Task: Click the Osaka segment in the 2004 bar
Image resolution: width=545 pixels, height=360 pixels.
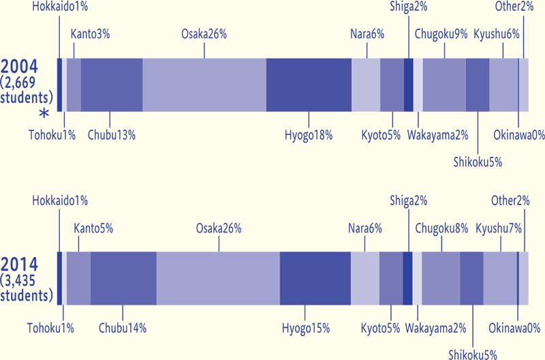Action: point(204,85)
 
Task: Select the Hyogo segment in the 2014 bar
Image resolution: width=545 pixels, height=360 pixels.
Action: point(315,278)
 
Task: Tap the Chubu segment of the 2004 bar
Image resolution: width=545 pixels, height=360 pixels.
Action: point(112,85)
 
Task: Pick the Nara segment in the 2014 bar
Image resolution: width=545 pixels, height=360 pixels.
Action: point(364,278)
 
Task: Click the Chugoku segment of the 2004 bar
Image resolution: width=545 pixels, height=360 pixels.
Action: point(443,85)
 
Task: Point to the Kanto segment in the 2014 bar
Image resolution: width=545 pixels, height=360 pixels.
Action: point(78,278)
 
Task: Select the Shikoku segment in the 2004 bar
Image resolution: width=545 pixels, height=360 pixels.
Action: point(477,85)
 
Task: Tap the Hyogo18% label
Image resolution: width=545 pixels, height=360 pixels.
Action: point(308,134)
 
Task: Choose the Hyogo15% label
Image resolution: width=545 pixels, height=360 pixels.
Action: point(306,328)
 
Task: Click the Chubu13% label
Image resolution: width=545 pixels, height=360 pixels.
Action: point(112,134)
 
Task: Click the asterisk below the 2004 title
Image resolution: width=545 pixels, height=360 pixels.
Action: point(44,115)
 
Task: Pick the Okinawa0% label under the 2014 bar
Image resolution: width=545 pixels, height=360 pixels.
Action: point(516,328)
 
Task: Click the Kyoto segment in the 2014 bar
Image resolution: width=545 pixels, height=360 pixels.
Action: point(391,278)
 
